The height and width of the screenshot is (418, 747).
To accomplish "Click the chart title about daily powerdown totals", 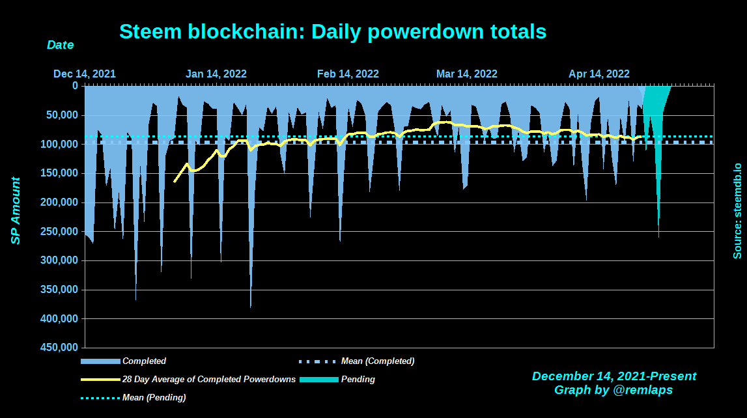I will [333, 31].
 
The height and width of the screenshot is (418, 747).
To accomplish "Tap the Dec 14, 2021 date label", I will [85, 74].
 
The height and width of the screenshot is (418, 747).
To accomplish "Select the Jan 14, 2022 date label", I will [216, 74].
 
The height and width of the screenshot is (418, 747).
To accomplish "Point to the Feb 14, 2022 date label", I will [348, 74].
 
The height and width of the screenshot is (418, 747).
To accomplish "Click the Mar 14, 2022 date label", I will [467, 74].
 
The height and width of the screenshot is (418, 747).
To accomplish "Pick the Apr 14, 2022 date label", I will [599, 74].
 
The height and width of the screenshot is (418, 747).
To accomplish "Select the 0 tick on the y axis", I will [75, 86].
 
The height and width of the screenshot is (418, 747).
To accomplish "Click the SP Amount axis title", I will [16, 210].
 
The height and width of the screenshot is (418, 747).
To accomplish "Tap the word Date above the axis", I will [60, 46].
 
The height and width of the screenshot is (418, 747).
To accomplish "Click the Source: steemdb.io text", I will [737, 210].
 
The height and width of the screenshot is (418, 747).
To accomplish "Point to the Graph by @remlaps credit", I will [613, 390].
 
